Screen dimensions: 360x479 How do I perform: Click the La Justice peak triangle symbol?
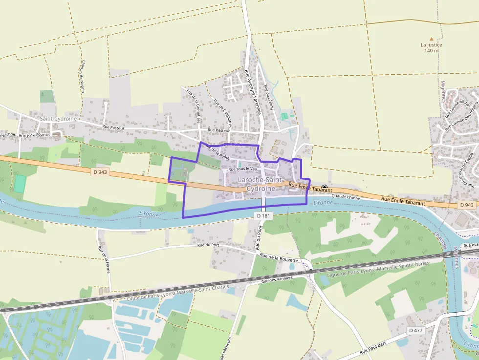pos(431,39)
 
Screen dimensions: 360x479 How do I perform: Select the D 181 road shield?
pos(262,215)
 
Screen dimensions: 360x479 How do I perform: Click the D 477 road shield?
pos(415,331)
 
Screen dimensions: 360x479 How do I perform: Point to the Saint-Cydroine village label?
pos(59,119)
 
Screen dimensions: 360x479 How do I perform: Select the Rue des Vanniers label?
pos(277,279)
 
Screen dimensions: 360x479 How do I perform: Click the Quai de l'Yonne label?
pos(346,197)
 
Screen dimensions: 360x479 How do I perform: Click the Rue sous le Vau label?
pos(243,169)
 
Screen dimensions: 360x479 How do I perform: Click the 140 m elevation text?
pos(431,51)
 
